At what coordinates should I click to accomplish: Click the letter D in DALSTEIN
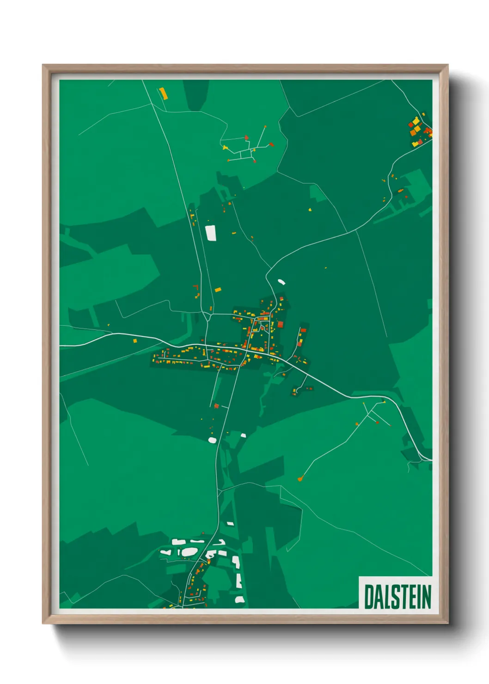(370, 597)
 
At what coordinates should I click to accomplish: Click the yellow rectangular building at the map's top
(163, 93)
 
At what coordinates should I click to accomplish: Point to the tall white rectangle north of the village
(211, 233)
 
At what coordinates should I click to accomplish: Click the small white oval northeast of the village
(281, 281)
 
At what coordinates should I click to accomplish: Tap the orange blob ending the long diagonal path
(300, 479)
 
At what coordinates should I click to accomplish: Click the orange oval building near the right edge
(400, 190)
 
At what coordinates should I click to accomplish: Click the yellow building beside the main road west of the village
(135, 341)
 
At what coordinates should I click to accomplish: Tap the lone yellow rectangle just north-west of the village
(218, 290)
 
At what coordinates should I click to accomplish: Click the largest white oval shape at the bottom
(189, 551)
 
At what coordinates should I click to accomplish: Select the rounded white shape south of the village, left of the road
(213, 440)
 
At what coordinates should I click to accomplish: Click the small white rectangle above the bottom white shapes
(230, 524)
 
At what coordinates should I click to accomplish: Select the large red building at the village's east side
(280, 324)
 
